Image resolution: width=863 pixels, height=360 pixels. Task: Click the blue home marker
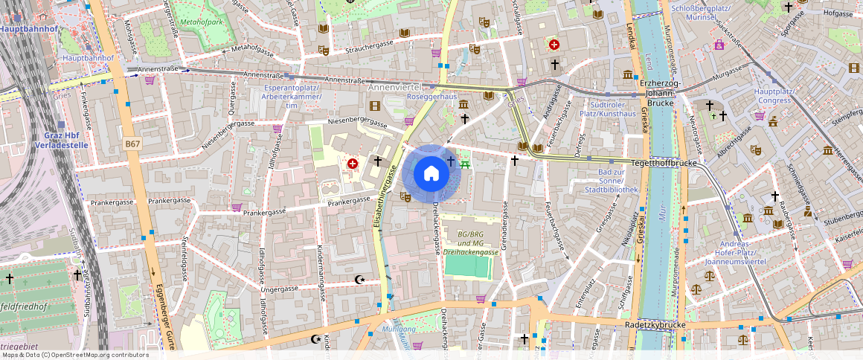pos(431,174)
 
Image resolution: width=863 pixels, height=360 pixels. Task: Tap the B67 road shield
pos(132,143)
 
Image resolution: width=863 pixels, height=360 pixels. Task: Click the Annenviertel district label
pos(394,87)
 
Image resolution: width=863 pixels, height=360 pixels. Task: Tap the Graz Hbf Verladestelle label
pos(61,141)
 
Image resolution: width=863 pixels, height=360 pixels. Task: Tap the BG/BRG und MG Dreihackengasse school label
pos(470,243)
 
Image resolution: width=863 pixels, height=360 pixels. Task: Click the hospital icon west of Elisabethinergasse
pos(353,162)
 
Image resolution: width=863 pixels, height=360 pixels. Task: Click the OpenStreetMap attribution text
pos(74,355)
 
